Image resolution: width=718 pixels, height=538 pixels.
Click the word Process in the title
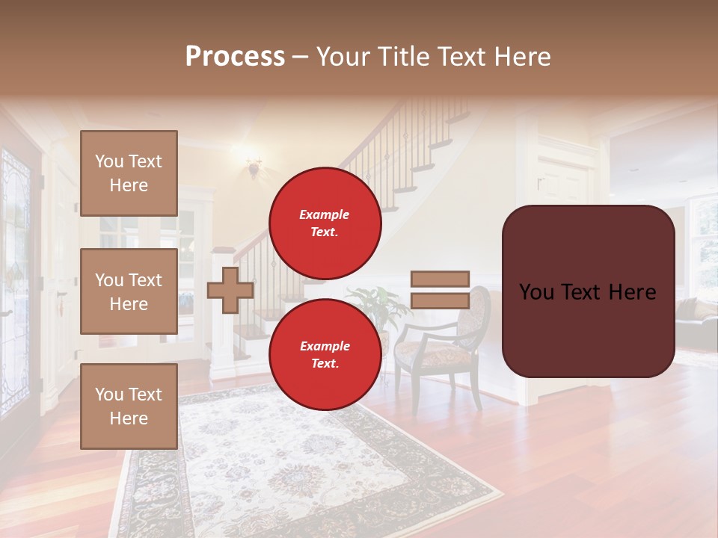coord(235,56)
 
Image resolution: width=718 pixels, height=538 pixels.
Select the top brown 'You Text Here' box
coord(129,173)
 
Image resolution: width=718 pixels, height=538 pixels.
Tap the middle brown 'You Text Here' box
coord(129,291)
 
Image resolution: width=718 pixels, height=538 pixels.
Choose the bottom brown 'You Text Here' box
coord(129,406)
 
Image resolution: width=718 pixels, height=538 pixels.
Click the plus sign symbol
coord(230,290)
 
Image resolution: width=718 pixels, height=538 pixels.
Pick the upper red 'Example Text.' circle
coord(325,223)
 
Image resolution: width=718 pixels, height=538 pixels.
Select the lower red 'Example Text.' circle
coord(325,354)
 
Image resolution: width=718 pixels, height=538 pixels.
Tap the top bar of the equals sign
coord(440,279)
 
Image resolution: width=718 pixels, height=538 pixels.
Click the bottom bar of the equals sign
coord(440,301)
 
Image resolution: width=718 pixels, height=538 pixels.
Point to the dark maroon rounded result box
coord(588,291)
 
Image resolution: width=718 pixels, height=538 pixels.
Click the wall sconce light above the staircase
coord(254,166)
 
